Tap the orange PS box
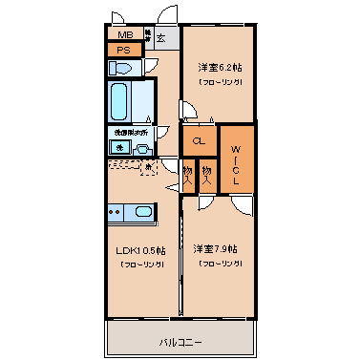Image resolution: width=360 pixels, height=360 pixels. pos(123,51)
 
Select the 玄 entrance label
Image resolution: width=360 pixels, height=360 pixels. pos(161,38)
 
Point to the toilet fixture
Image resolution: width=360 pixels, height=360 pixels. pos(121,68)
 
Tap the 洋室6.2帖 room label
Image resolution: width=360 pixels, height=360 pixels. pos(219,69)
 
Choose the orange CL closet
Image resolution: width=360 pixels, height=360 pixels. pos(200,141)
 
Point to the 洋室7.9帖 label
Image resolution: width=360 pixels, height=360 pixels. pos(217,249)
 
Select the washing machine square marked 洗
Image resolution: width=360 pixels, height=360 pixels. pos(120,147)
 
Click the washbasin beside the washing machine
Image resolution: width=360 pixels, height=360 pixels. pos(141,149)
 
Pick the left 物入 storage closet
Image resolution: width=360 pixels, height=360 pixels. pos(188,173)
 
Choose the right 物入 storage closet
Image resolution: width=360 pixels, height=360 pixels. pos(207,173)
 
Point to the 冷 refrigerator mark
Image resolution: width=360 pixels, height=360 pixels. pos(149,168)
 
